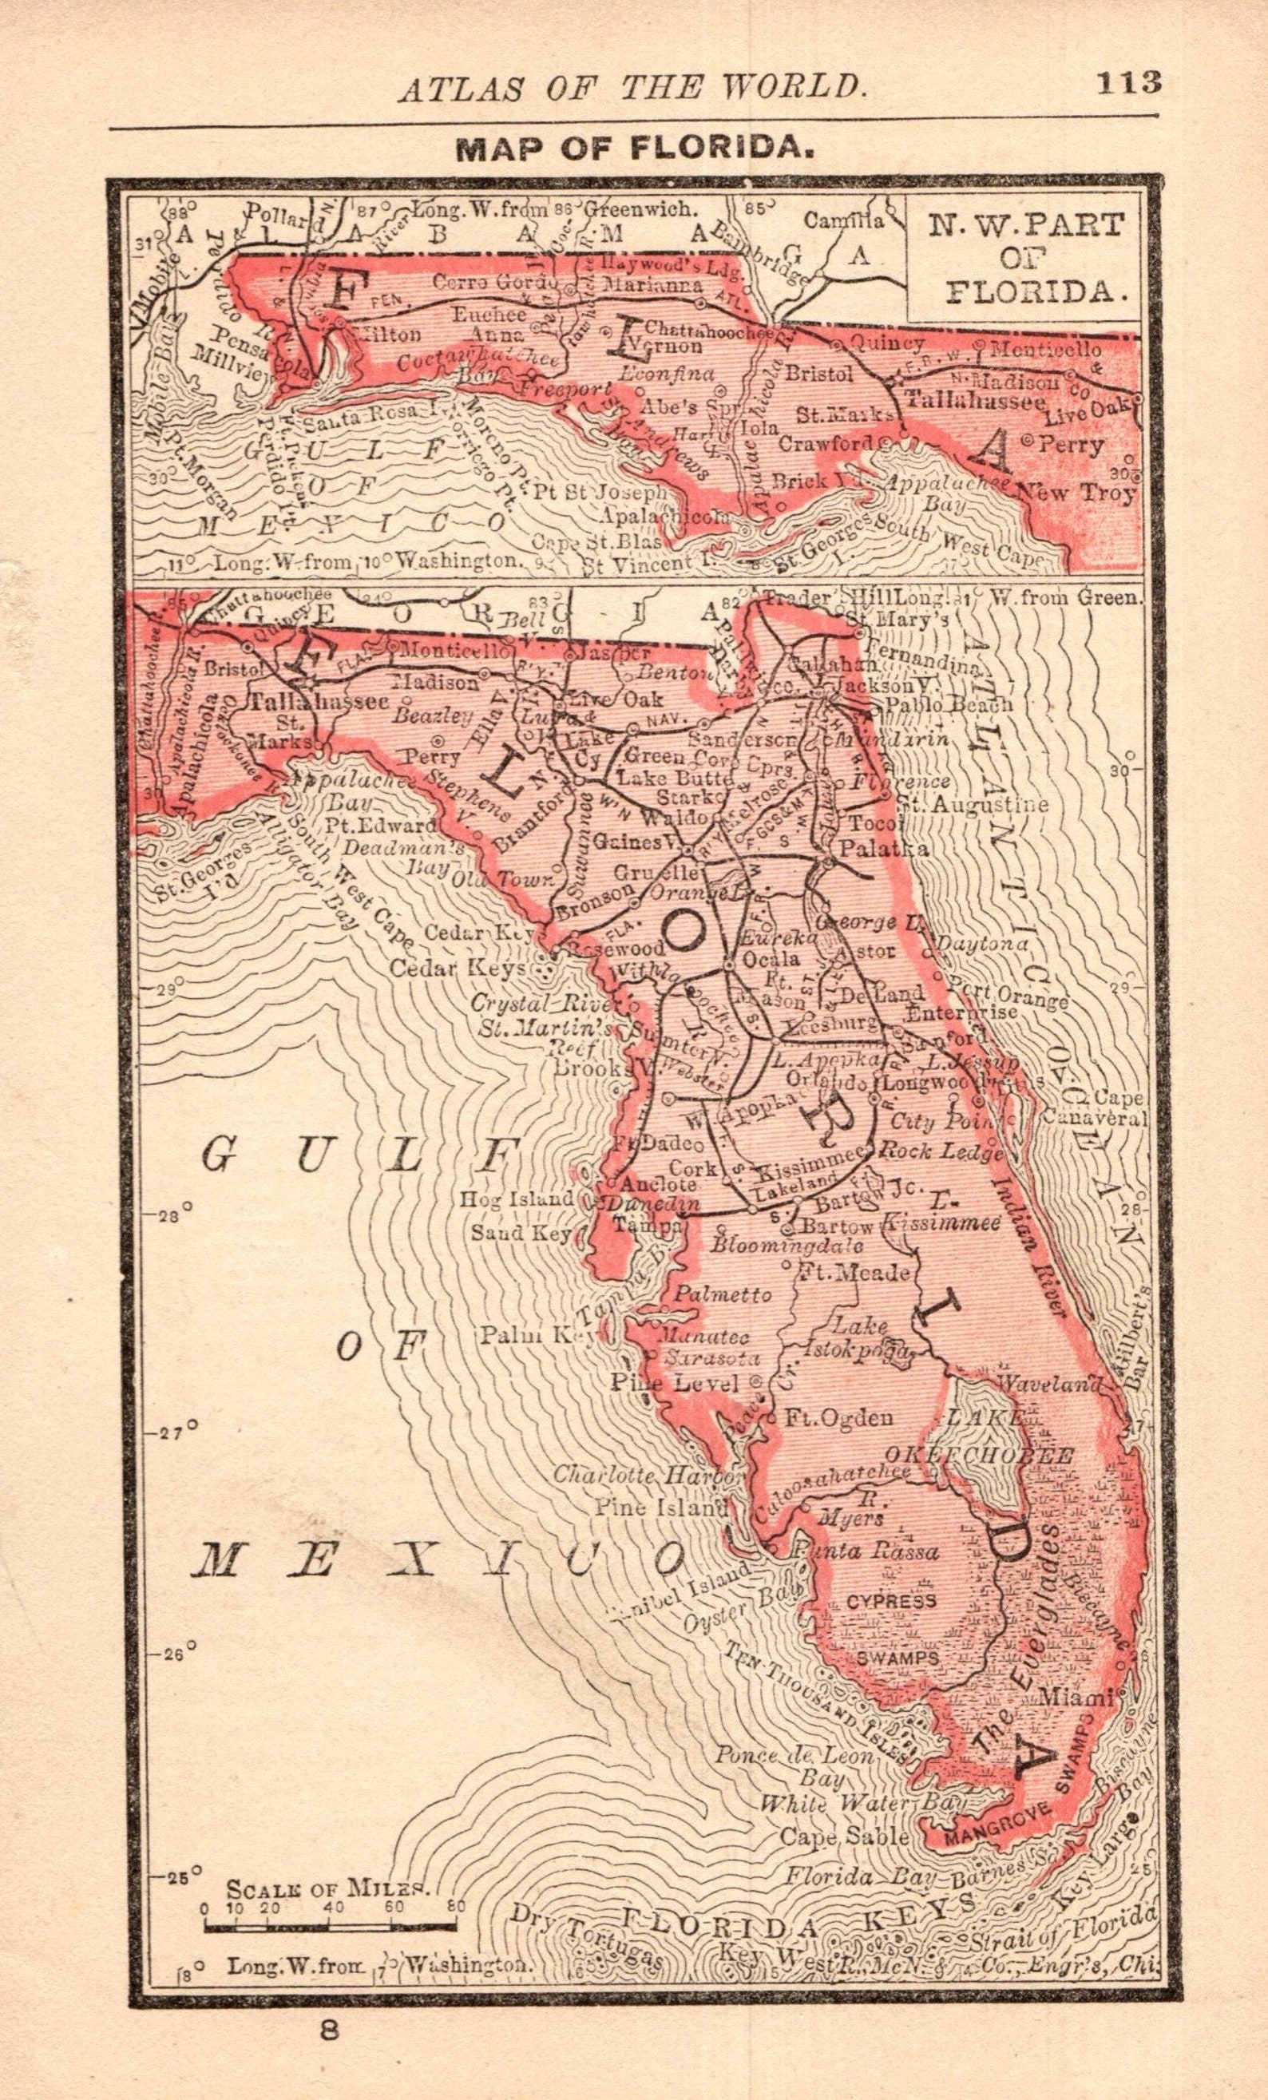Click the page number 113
[1128, 83]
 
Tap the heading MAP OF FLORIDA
[635, 149]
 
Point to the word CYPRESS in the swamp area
[890, 1601]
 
